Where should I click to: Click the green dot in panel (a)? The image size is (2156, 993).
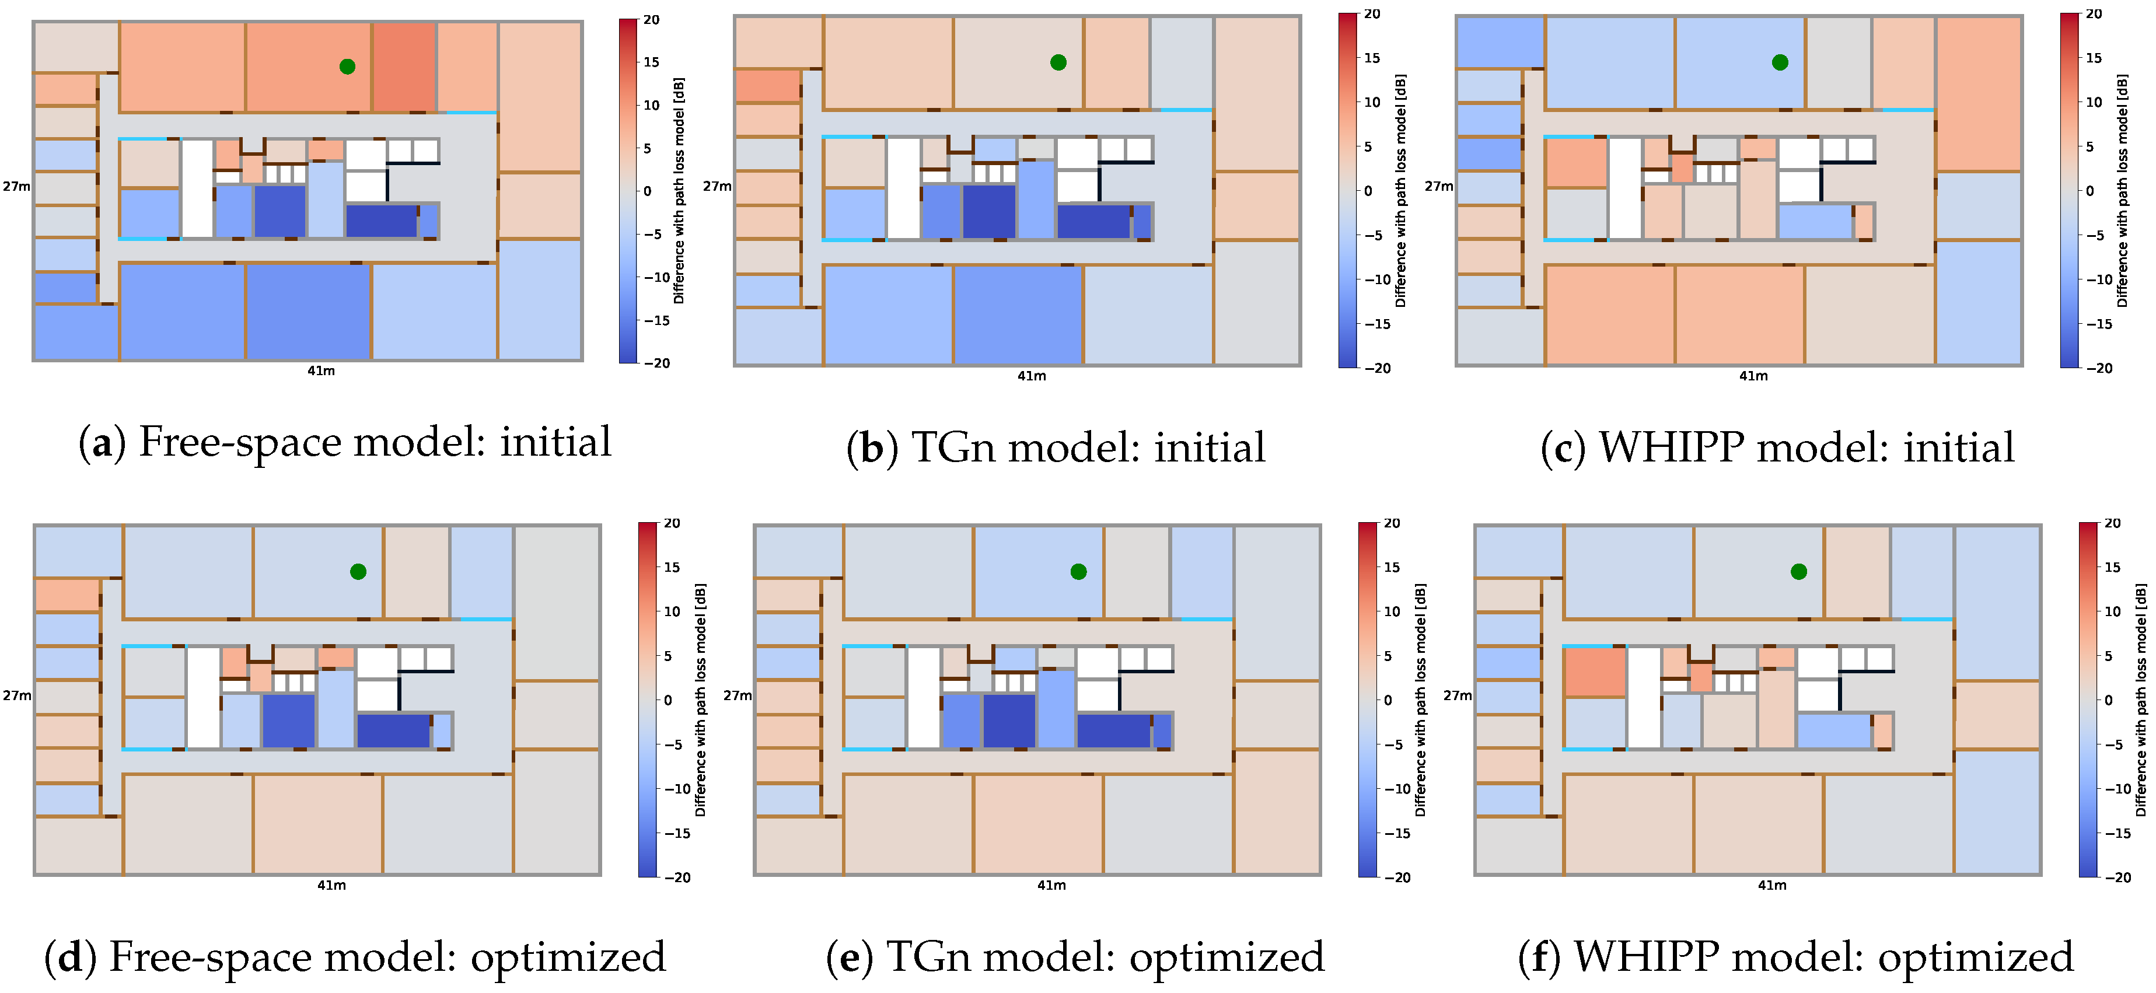pyautogui.click(x=347, y=66)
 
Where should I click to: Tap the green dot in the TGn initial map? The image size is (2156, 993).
pyautogui.click(x=1058, y=62)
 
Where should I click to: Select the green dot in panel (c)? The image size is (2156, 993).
pyautogui.click(x=1780, y=62)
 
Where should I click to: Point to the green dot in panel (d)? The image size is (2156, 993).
pyautogui.click(x=358, y=571)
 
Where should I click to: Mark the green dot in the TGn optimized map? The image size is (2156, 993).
pyautogui.click(x=1079, y=571)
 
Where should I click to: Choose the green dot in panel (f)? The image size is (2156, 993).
pyautogui.click(x=1799, y=571)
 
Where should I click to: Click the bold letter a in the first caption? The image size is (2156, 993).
pyautogui.click(x=102, y=444)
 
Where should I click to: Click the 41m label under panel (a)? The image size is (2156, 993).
pyautogui.click(x=320, y=370)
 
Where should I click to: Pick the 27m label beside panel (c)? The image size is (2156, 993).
pyautogui.click(x=1439, y=186)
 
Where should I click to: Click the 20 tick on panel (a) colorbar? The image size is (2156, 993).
pyautogui.click(x=651, y=20)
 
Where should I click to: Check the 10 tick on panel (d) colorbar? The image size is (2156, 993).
pyautogui.click(x=672, y=611)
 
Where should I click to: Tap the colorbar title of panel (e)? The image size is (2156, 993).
pyautogui.click(x=1420, y=700)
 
